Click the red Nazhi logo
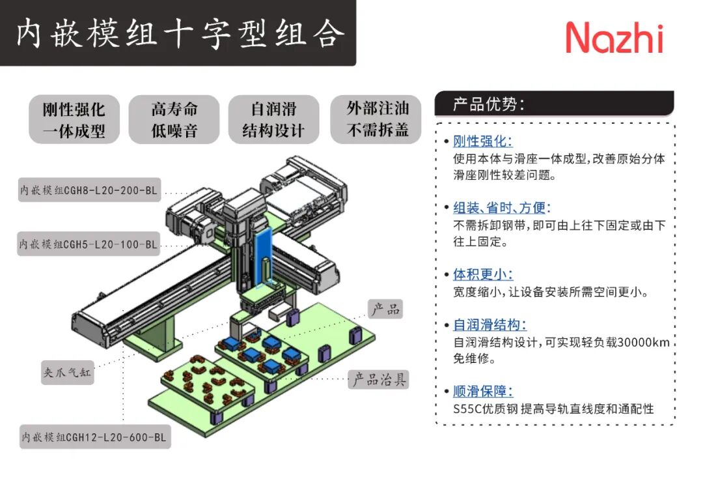pyautogui.click(x=614, y=37)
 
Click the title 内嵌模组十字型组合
pyautogui.click(x=177, y=33)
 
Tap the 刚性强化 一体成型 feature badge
pyautogui.click(x=74, y=119)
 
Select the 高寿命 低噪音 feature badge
pyautogui.click(x=174, y=119)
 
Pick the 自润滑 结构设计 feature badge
pyautogui.click(x=273, y=119)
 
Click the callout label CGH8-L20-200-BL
pyautogui.click(x=89, y=192)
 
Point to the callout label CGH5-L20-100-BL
pyautogui.click(x=89, y=244)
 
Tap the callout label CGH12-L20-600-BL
pyautogui.click(x=94, y=437)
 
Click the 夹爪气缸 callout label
pyautogui.click(x=68, y=373)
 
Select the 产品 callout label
pyautogui.click(x=385, y=309)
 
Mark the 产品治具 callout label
pyautogui.click(x=379, y=379)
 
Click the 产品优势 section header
pyautogui.click(x=489, y=104)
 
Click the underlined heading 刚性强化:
pyautogui.click(x=482, y=141)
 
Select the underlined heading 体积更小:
pyautogui.click(x=482, y=274)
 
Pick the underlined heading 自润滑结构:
pyautogui.click(x=489, y=324)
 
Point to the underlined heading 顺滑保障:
pyautogui.click(x=482, y=391)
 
